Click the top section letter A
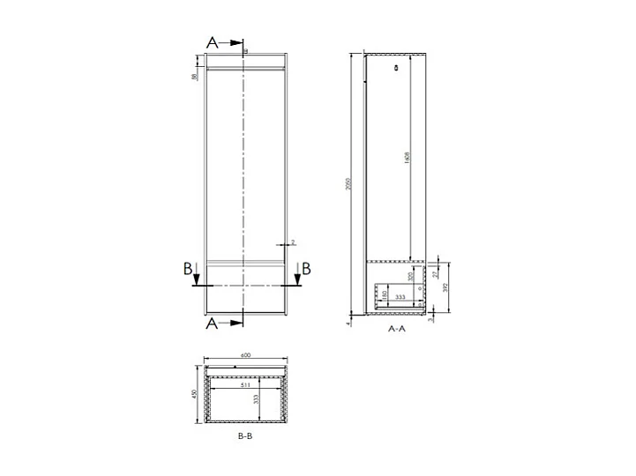coord(213,41)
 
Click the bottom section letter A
coord(213,324)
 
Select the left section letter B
coord(188,269)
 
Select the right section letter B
coord(306,268)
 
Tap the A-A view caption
coord(396,328)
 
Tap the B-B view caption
coord(246,436)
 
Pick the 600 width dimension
coord(246,355)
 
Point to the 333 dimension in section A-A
coord(400,298)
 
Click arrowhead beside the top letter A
coord(236,41)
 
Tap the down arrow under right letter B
coord(297,279)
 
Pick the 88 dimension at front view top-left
coord(194,76)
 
